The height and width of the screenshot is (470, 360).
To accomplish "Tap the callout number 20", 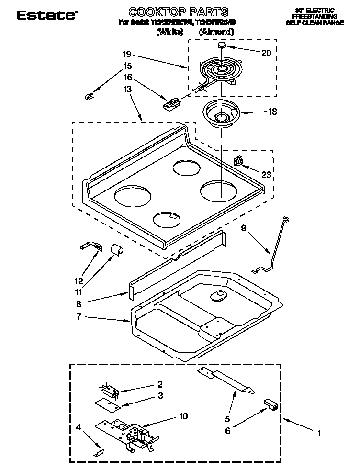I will (266, 53).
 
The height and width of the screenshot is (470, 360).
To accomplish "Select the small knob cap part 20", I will (222, 45).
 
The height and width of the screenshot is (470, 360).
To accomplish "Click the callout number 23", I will (266, 175).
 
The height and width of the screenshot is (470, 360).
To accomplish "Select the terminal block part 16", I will (171, 102).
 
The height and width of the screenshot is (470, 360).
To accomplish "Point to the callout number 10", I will (183, 416).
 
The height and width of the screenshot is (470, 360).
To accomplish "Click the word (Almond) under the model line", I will (216, 33).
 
